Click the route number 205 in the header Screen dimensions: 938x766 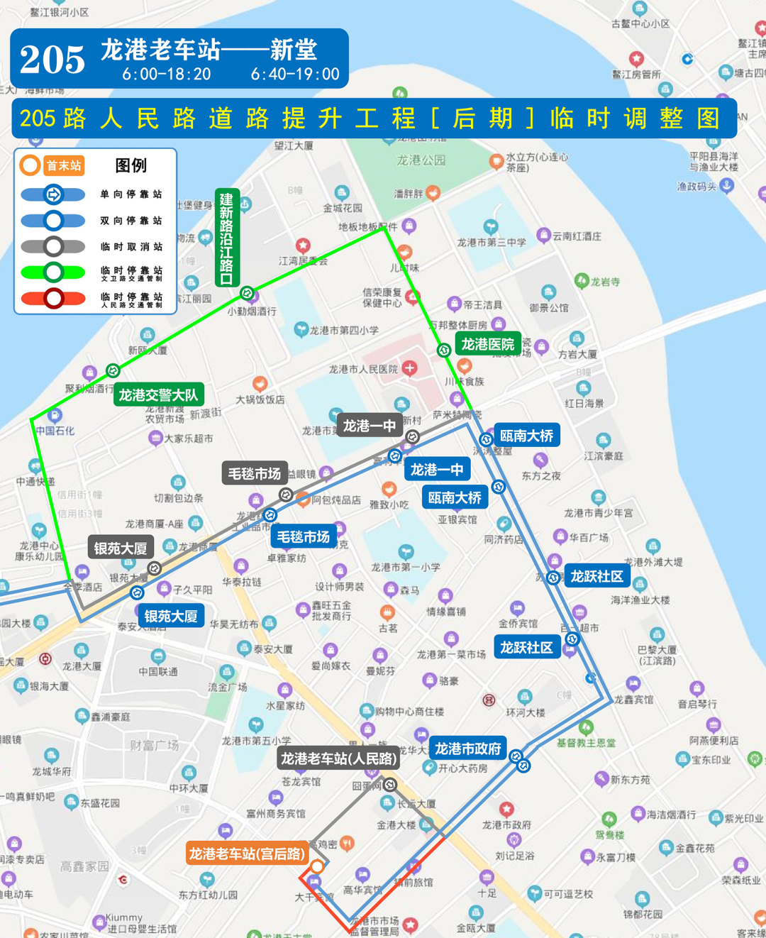point(52,59)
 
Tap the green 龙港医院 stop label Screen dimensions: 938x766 point(487,344)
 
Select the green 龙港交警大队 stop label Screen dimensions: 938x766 point(158,394)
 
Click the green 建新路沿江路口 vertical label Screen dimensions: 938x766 point(226,238)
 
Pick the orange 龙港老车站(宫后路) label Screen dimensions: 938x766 point(246,854)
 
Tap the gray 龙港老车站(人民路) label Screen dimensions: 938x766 point(338,758)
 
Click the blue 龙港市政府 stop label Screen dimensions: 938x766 point(467,749)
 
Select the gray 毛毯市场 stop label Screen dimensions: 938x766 point(254,473)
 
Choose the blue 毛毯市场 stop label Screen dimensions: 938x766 point(303,537)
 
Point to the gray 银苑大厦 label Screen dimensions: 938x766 point(121,548)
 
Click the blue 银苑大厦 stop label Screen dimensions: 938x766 point(170,616)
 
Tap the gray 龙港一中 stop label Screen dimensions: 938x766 point(369,426)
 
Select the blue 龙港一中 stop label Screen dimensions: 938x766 point(436,470)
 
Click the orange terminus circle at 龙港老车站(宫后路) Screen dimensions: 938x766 point(317,866)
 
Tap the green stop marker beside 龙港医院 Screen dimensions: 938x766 point(444,350)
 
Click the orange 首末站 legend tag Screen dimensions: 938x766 point(63,166)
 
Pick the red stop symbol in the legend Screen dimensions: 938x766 point(53,299)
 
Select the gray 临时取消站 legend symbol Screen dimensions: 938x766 point(53,247)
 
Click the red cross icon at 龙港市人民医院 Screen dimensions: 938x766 point(409,368)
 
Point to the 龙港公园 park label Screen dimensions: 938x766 point(421,160)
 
